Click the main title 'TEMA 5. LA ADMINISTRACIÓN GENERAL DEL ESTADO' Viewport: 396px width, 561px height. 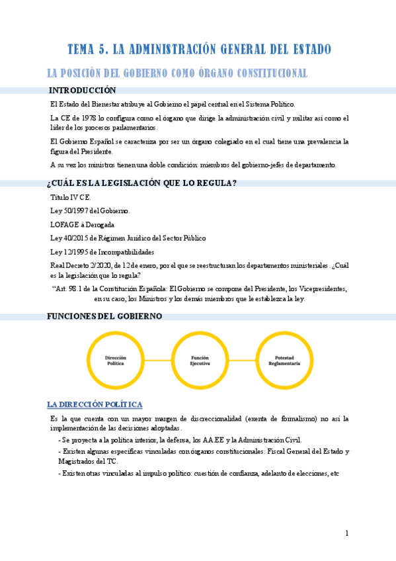(x=199, y=49)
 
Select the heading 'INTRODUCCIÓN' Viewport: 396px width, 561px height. (x=83, y=91)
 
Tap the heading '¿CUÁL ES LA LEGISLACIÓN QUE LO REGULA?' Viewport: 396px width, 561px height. (x=142, y=183)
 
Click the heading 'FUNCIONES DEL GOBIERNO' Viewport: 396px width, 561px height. (x=104, y=316)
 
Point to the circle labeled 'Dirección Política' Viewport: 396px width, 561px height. (x=116, y=360)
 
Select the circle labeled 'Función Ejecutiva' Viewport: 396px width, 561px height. (x=200, y=360)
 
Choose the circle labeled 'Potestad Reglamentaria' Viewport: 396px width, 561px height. (x=284, y=360)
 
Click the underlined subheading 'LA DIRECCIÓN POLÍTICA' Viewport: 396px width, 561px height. (x=95, y=404)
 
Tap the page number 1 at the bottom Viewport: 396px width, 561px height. (x=346, y=533)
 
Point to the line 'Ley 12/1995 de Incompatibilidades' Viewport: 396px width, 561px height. (x=102, y=251)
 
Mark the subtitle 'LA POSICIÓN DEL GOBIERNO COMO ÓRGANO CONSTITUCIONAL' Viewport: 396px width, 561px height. (x=177, y=73)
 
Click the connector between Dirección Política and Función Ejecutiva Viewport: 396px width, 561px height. (x=157, y=360)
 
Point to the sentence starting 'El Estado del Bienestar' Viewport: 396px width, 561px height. (x=173, y=105)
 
